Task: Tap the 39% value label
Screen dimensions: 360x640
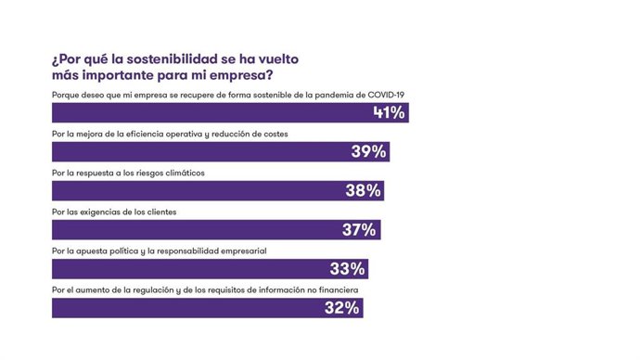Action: coord(369,152)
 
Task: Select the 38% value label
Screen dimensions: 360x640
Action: coord(364,191)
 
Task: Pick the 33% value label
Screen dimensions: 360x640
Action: coord(349,269)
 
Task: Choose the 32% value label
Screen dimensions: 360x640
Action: coord(342,308)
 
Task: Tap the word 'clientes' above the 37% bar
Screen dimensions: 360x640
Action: coord(158,212)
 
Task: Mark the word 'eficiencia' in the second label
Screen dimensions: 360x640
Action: coord(137,135)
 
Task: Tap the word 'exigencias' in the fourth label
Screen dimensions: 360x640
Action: coord(97,212)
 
